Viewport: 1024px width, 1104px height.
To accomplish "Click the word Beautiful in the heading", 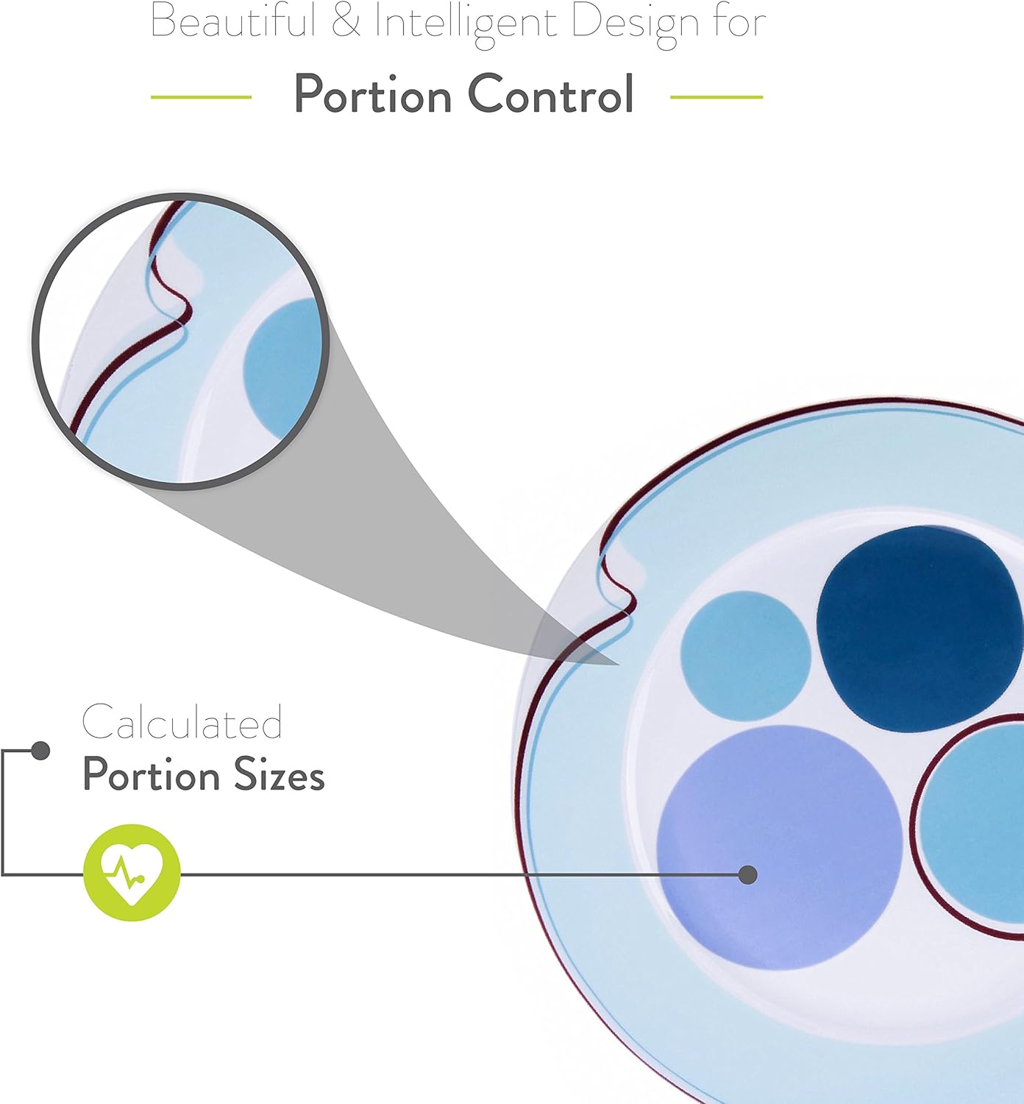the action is pos(233,22).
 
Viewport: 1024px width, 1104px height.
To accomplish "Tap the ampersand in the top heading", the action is pos(346,22).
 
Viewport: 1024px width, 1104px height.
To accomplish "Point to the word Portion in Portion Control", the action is pos(372,94).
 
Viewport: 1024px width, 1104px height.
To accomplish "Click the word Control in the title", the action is pos(550,93).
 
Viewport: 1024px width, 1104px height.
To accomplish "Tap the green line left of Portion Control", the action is pos(201,97).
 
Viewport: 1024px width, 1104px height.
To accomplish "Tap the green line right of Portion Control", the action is pos(717,97).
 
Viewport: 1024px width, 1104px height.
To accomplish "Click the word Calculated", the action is pos(182,721).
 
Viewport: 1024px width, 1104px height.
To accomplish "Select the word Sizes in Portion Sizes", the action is pos(279,774).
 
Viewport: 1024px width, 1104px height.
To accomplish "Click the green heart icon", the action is pos(132,872).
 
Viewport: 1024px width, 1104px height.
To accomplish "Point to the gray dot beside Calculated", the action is pos(40,751).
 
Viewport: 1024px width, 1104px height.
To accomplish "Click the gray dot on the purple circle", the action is pos(748,874).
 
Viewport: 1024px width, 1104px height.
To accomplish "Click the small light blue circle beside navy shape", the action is pos(746,656).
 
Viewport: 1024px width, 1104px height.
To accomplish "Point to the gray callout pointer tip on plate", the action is pos(618,665).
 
